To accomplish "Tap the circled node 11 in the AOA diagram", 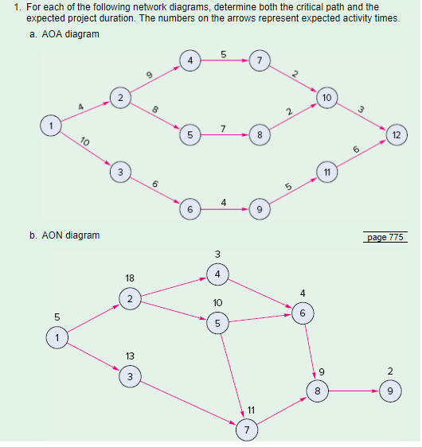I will click(326, 172).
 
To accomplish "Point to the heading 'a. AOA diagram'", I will click(69, 33).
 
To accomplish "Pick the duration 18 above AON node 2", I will click(130, 278).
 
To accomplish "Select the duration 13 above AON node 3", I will click(130, 355).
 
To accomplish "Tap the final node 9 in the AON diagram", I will click(389, 391).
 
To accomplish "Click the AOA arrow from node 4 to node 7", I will click(224, 60).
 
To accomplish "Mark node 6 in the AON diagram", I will click(302, 313).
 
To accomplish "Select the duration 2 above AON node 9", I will click(389, 371).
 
